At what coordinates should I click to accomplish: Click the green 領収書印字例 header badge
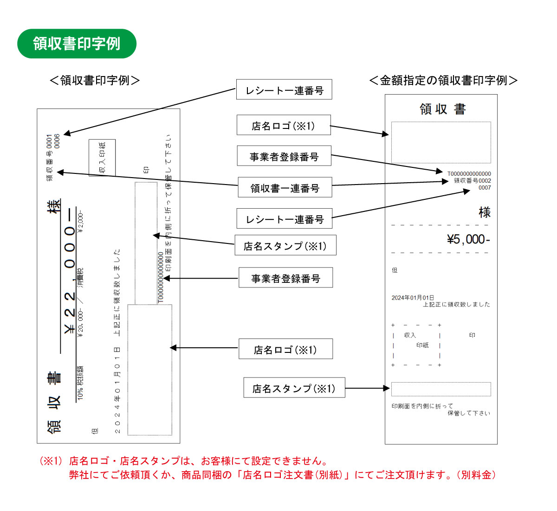77,44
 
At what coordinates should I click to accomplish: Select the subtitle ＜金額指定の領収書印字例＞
443,80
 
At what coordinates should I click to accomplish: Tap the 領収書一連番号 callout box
285,188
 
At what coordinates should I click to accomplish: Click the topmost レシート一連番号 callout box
284,90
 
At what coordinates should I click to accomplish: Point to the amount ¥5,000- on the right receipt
468,239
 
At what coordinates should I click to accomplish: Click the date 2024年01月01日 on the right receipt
413,298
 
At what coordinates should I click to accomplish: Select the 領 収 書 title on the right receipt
442,109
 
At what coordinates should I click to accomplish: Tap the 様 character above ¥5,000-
485,212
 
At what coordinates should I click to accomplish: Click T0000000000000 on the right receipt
469,174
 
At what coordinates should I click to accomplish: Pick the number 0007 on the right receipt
485,188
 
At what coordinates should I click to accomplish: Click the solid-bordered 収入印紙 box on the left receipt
102,158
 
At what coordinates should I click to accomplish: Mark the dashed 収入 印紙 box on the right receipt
416,345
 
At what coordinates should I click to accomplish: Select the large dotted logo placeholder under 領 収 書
441,142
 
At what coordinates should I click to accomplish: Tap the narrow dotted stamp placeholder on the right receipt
441,389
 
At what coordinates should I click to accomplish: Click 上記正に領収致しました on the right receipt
456,305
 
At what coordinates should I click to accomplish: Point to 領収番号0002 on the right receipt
472,181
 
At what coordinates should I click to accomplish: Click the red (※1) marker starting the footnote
51,461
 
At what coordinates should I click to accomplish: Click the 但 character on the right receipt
395,270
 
